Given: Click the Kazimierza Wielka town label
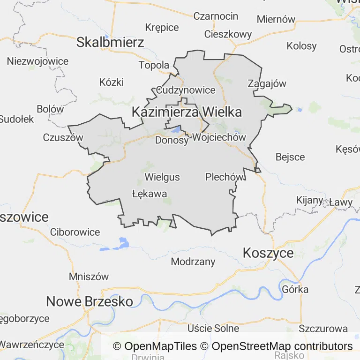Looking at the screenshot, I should point(187,112).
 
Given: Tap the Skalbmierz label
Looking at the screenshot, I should point(110,43).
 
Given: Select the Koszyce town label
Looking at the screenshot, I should point(268,253).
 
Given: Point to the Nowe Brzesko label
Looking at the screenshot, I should point(90,301).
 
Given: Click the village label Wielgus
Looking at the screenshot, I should point(162,177).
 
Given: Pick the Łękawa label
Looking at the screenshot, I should point(150,193).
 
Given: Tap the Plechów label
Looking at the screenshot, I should point(225,177).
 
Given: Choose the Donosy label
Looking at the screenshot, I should point(172,140).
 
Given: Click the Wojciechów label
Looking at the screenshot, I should point(219,137).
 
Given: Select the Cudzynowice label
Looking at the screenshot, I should point(186,90).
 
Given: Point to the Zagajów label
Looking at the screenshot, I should point(266,83).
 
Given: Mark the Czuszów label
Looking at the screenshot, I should point(63,137).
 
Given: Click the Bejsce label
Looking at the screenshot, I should point(290,157).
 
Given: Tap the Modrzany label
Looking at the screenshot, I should point(193,262).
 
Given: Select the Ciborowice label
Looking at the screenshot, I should point(75,232).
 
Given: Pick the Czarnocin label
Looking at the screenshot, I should point(216,16).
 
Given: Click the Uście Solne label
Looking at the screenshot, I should point(213,328).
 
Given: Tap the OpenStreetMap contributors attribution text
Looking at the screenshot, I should point(282,346).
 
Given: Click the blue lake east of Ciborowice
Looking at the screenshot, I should point(123,242).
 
